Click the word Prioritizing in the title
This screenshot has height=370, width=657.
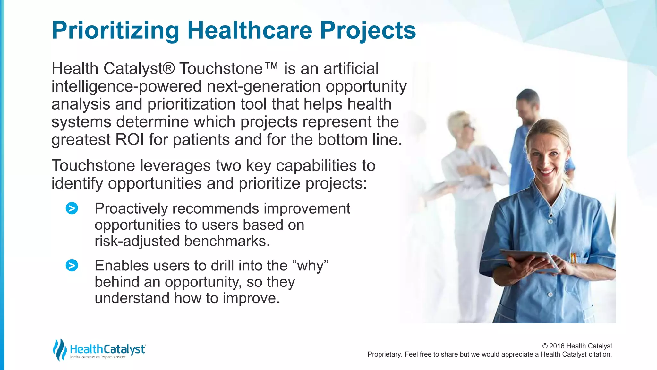point(115,31)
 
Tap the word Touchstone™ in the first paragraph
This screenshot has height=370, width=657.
point(228,69)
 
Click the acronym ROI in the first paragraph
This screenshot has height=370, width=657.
point(130,140)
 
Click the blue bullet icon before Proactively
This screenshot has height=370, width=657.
point(72,208)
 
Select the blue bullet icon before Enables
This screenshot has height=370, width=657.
point(72,265)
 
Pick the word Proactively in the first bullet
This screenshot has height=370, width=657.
point(131,209)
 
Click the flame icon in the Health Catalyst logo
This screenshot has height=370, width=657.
point(59,349)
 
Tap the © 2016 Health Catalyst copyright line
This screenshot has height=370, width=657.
point(577,346)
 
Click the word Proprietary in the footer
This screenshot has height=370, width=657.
point(384,354)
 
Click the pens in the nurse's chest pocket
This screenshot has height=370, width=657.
point(573,258)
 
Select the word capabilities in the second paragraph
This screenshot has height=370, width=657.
point(317,166)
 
